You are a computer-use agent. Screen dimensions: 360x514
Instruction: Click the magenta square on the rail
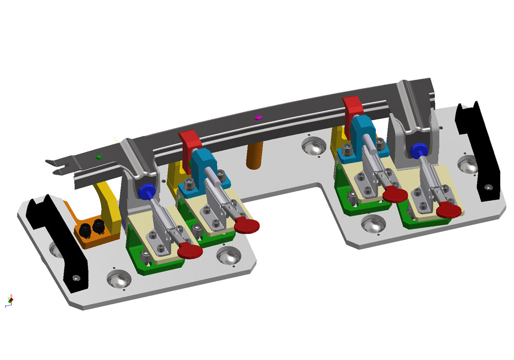tap(258, 117)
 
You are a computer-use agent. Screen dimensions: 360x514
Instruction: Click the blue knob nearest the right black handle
tap(418, 150)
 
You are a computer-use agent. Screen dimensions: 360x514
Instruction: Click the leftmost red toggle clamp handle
tap(190, 250)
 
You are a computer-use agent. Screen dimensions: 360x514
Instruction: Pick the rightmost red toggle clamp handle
tap(448, 209)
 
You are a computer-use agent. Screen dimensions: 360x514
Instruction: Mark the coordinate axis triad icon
tap(9, 301)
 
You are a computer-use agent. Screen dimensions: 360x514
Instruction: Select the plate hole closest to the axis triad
tap(118, 278)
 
